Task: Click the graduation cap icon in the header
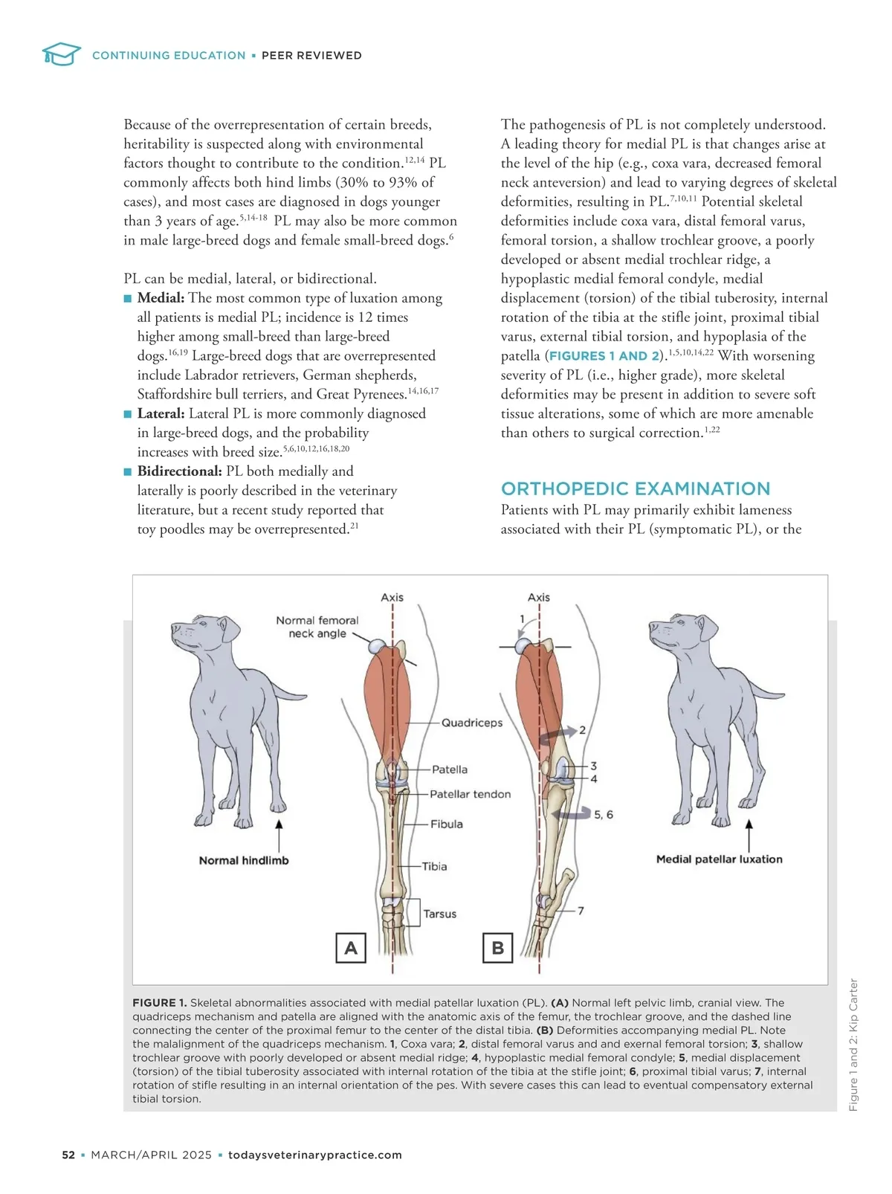pos(61,54)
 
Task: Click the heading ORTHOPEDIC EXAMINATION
pos(636,488)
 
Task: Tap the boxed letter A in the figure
pos(351,948)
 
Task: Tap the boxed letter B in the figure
pos(498,948)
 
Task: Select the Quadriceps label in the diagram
pos(472,723)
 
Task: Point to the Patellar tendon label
pos(471,794)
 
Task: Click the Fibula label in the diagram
pos(447,824)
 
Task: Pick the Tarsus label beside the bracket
pos(440,914)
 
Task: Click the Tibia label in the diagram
pos(435,866)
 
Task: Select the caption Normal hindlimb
pos(244,860)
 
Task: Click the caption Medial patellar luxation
pos(719,859)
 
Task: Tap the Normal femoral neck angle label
pos(317,627)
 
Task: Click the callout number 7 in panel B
pos(581,910)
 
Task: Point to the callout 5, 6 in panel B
pos(604,815)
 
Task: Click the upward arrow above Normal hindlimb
pos(279,836)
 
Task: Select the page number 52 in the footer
pos(68,1155)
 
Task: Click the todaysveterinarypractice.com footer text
pos(315,1155)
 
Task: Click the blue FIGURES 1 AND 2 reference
pos(604,356)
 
